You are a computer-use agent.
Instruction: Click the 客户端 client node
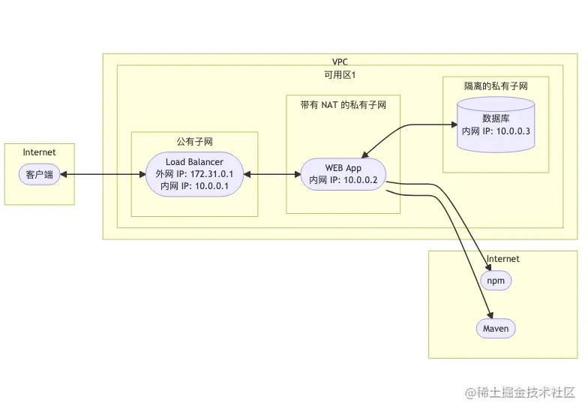tap(40, 175)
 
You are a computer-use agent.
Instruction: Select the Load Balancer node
tap(194, 175)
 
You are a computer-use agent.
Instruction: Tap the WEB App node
tap(343, 175)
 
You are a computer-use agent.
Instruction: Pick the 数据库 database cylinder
tap(496, 124)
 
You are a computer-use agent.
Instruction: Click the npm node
tap(495, 281)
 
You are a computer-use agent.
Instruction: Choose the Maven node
tap(496, 329)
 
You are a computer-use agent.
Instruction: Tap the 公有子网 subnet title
tap(194, 141)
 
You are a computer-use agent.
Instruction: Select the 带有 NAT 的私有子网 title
tap(343, 105)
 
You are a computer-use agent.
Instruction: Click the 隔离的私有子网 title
tap(496, 86)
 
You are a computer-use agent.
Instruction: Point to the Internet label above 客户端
tap(39, 152)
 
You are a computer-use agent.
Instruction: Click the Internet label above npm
tap(502, 259)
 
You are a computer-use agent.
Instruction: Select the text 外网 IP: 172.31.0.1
tap(194, 175)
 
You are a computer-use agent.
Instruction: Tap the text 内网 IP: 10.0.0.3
tap(496, 131)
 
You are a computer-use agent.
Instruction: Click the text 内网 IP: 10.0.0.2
tap(343, 181)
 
